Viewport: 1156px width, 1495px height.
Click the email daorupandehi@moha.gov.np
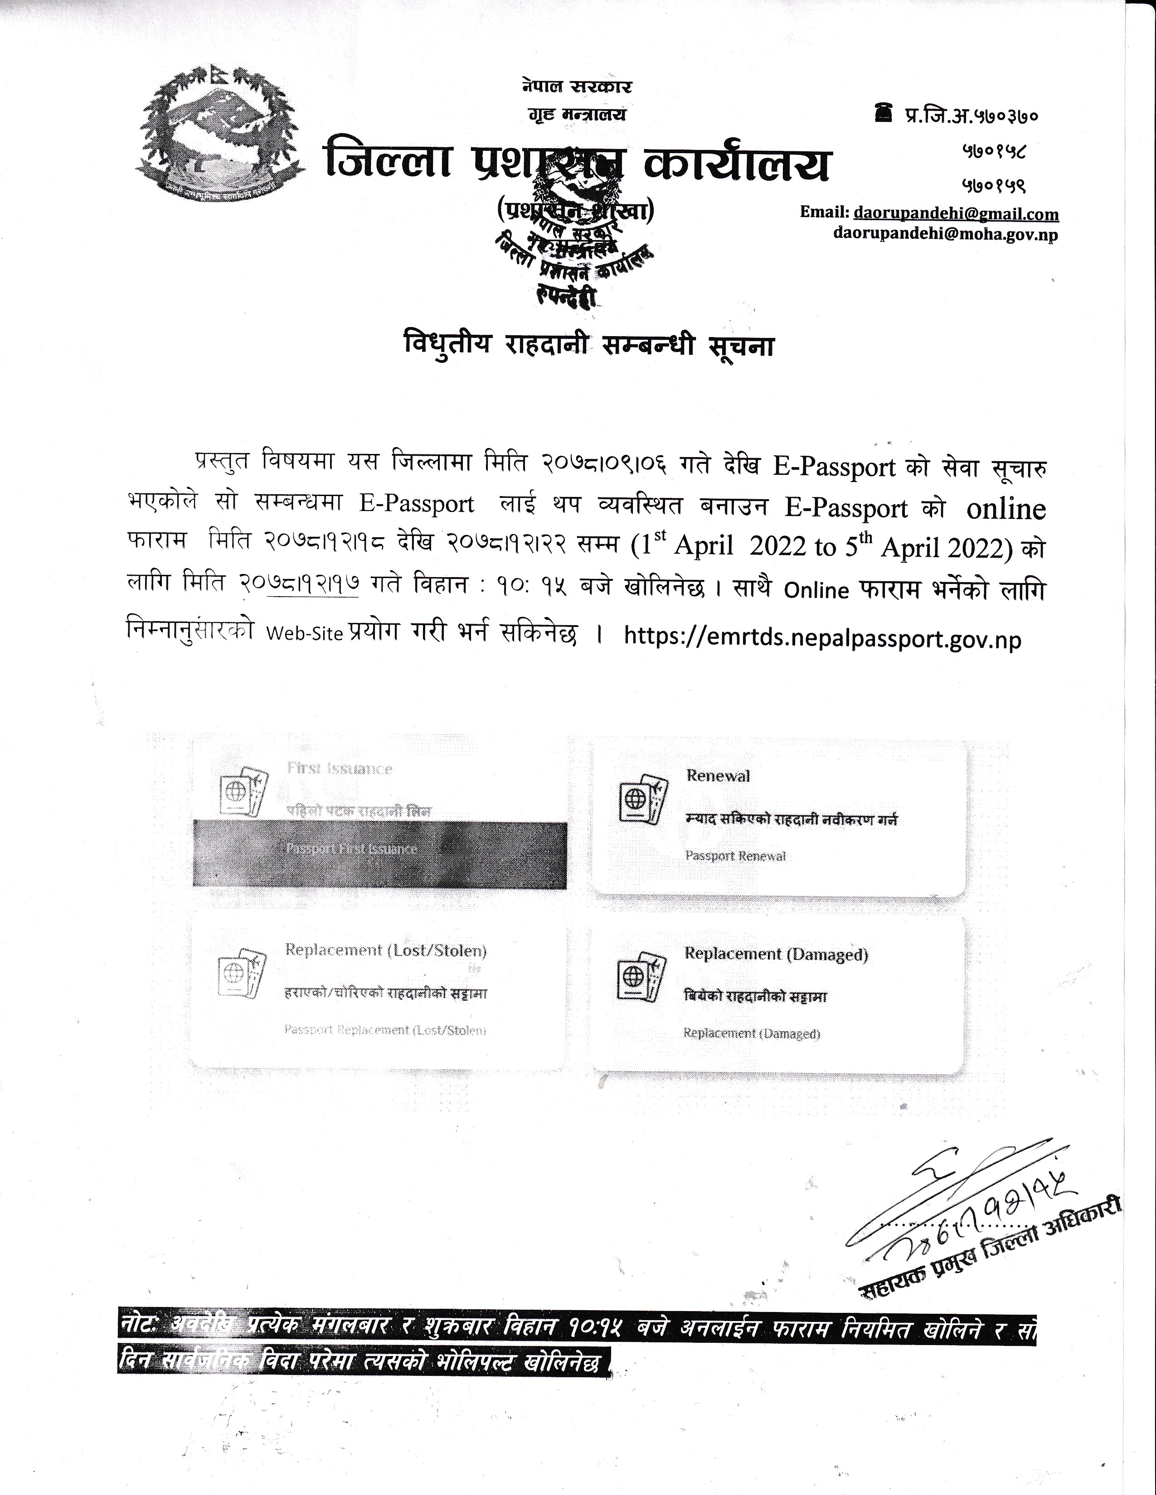[945, 234]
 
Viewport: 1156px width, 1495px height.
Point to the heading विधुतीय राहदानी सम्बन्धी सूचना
[588, 346]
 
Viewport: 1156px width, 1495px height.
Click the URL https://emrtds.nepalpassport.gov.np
[822, 639]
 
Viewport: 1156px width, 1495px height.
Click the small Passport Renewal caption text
[735, 856]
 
